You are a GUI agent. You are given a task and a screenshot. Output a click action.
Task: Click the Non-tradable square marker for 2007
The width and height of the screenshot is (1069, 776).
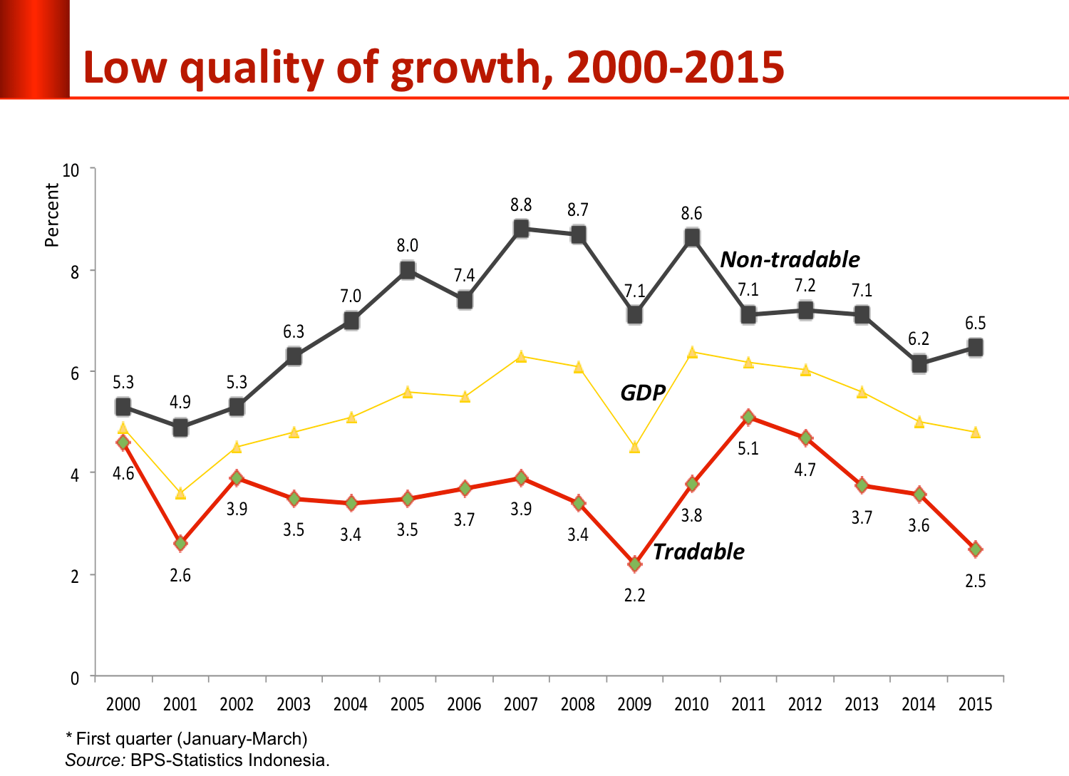(x=521, y=229)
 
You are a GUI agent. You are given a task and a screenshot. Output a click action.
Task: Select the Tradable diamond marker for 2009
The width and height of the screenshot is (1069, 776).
(x=634, y=564)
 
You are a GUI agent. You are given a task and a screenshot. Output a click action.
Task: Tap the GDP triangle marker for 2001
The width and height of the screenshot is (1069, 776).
(x=180, y=493)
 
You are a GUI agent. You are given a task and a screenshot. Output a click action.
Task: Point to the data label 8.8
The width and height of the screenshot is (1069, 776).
(x=521, y=205)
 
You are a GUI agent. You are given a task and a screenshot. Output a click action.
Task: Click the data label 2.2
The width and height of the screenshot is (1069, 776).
(x=634, y=595)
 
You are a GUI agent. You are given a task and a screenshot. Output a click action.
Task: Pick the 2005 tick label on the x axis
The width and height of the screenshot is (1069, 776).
(x=407, y=705)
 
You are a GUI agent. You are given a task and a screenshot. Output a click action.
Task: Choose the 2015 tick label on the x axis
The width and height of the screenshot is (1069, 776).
(x=975, y=705)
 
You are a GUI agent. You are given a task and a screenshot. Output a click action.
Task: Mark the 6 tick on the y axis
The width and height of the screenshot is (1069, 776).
(x=74, y=373)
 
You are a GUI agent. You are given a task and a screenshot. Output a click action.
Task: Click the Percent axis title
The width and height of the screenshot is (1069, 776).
(x=51, y=214)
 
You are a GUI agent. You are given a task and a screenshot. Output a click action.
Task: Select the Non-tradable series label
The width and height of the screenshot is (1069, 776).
(x=790, y=259)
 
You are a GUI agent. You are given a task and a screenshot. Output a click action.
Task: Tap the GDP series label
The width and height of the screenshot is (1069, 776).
(x=643, y=393)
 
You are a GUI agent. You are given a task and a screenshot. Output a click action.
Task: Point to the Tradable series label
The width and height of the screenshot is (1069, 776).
(x=698, y=552)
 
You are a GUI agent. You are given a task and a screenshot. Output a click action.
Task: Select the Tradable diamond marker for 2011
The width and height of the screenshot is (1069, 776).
(x=748, y=417)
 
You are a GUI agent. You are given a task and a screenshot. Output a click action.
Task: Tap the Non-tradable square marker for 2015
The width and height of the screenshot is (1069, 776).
(x=975, y=348)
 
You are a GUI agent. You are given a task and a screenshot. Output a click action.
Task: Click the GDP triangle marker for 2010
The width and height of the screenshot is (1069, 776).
(x=691, y=352)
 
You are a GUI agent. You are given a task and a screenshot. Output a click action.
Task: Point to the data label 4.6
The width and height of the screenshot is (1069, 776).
(x=123, y=474)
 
